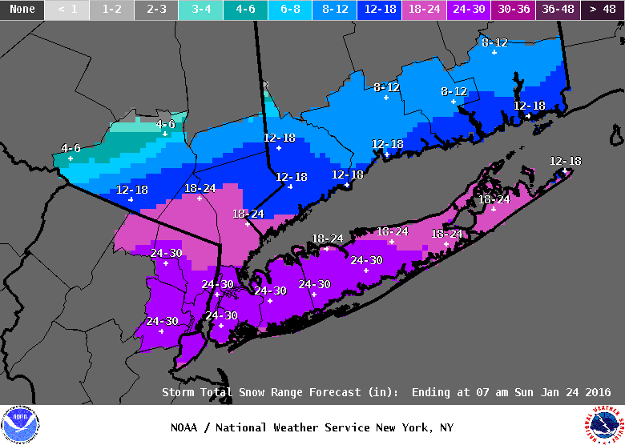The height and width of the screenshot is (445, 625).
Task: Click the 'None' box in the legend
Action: coord(22,10)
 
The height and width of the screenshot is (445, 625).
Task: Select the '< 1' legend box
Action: coord(67,10)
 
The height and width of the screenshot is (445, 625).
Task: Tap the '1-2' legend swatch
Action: coord(111,10)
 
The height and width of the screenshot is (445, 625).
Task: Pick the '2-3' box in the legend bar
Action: coord(156,10)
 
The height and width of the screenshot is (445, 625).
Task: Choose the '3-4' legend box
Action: coord(201,10)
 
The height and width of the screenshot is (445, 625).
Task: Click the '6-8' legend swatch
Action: coord(291,10)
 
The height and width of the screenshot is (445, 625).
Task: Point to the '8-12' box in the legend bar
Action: coord(336,10)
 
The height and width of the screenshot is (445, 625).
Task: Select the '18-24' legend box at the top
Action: coord(425,10)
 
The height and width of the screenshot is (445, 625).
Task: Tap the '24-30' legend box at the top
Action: coord(470,10)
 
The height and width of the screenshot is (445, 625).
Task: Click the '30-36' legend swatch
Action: coord(514,10)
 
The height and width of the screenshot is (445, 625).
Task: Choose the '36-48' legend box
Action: coord(558,10)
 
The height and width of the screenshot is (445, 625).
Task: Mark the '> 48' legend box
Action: coord(603,10)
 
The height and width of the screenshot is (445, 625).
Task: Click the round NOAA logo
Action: coord(19,424)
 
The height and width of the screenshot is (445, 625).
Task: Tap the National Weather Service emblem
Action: coord(603,423)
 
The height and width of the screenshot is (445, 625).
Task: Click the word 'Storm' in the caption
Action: coord(178,393)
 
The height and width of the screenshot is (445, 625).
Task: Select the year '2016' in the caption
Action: coord(597,393)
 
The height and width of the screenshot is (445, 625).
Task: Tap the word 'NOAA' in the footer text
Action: coord(184,427)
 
